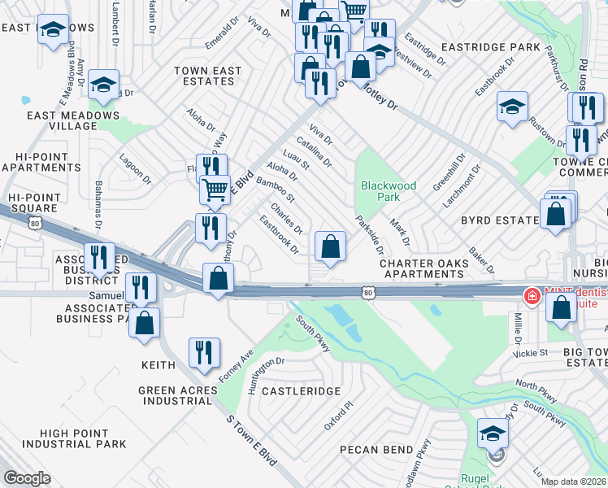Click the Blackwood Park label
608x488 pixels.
389,191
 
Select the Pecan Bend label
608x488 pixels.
377,449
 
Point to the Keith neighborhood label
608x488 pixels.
159,366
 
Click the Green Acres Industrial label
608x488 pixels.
178,396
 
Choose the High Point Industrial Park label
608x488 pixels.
74,438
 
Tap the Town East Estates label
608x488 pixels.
209,76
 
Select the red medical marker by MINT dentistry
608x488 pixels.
532,296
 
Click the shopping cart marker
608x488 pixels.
215,190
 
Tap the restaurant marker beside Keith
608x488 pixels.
203,351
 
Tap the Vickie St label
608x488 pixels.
530,354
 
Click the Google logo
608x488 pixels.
27,478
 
